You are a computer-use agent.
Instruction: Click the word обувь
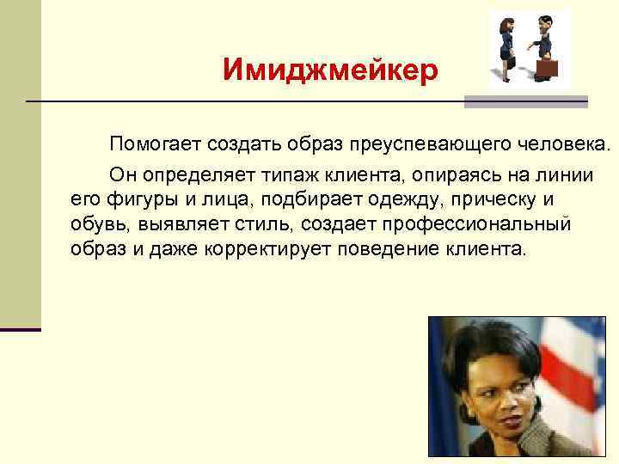[95, 224]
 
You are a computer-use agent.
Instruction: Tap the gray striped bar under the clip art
[525, 101]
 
